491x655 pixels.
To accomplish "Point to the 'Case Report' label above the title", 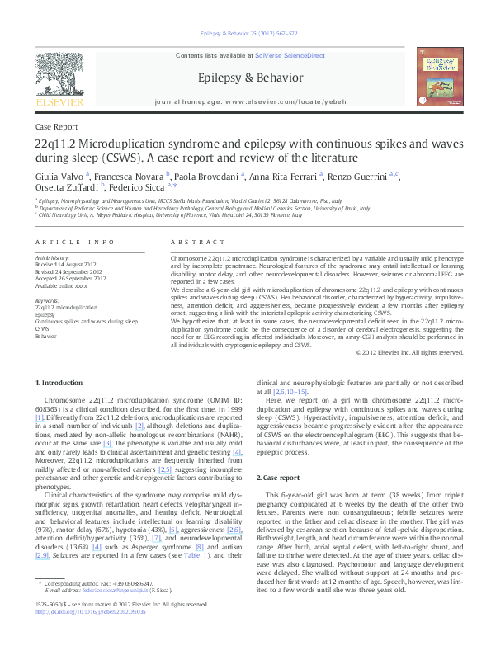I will click(x=56, y=127).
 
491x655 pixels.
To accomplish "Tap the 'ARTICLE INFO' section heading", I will click(x=74, y=242).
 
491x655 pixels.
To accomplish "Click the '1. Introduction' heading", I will click(x=62, y=383).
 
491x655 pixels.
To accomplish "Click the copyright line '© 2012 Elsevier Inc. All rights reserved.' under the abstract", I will click(x=409, y=352).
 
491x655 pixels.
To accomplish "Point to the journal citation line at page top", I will click(x=245, y=34).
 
